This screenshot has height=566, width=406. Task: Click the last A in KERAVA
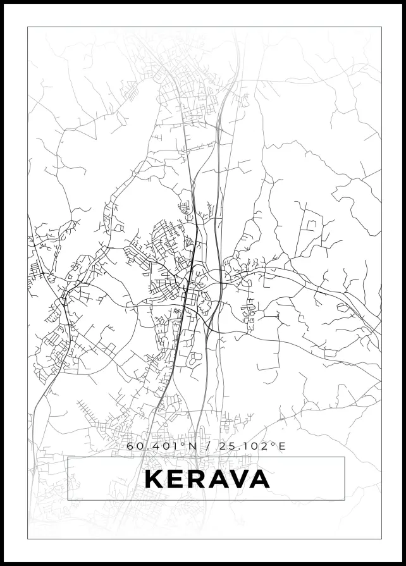click(259, 479)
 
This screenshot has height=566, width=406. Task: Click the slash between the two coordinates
click(209, 446)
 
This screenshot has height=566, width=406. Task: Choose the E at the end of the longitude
click(282, 446)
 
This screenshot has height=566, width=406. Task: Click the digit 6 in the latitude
click(130, 446)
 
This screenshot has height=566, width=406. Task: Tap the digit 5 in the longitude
click(230, 446)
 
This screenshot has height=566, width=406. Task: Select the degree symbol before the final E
click(274, 444)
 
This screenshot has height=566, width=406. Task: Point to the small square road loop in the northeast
click(311, 225)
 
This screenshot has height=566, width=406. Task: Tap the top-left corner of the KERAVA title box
click(68, 457)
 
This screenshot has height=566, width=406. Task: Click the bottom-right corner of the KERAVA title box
click(345, 500)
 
